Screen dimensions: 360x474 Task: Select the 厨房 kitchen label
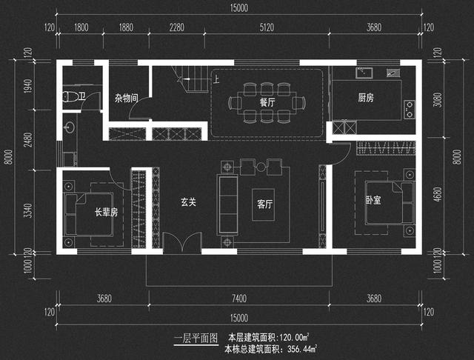366,98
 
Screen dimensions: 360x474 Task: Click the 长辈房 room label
106,212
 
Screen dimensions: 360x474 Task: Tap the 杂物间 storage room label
126,98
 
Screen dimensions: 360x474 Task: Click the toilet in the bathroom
68,96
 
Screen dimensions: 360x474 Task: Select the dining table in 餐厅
267,102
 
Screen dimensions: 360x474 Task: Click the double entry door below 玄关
182,244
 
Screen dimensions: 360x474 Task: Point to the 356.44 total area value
299,348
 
